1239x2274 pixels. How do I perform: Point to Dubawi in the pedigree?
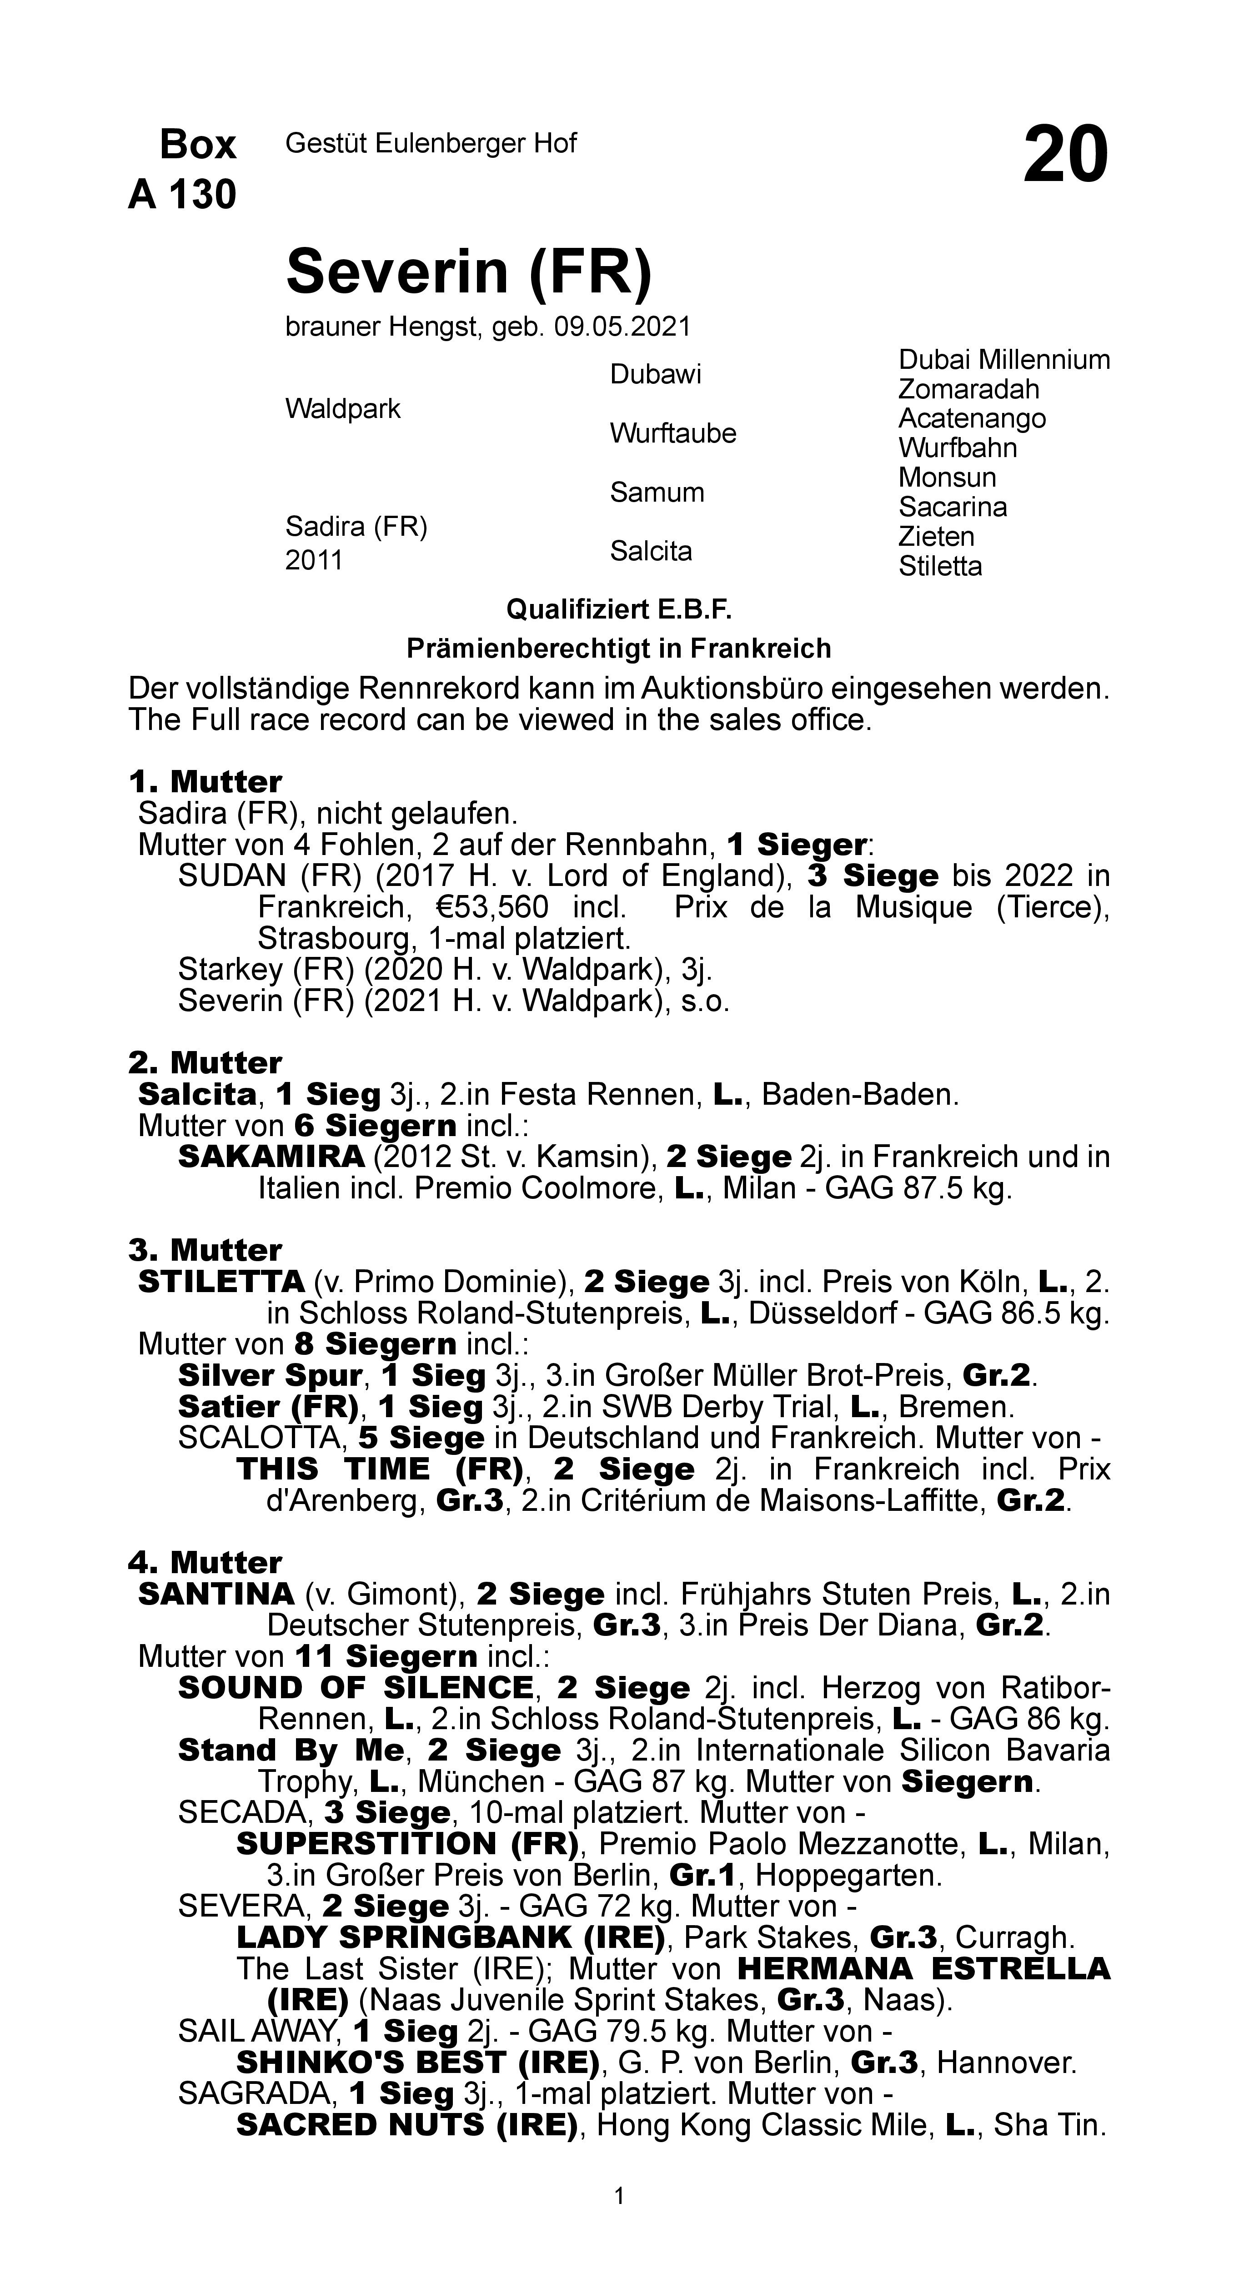click(x=655, y=374)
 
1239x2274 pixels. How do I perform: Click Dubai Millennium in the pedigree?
click(x=1003, y=360)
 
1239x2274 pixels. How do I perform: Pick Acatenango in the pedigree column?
click(x=972, y=418)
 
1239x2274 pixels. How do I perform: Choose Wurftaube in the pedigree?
click(x=672, y=433)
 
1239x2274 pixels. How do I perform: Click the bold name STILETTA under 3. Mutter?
click(x=221, y=1282)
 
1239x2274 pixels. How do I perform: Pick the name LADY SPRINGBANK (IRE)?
click(x=450, y=1937)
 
